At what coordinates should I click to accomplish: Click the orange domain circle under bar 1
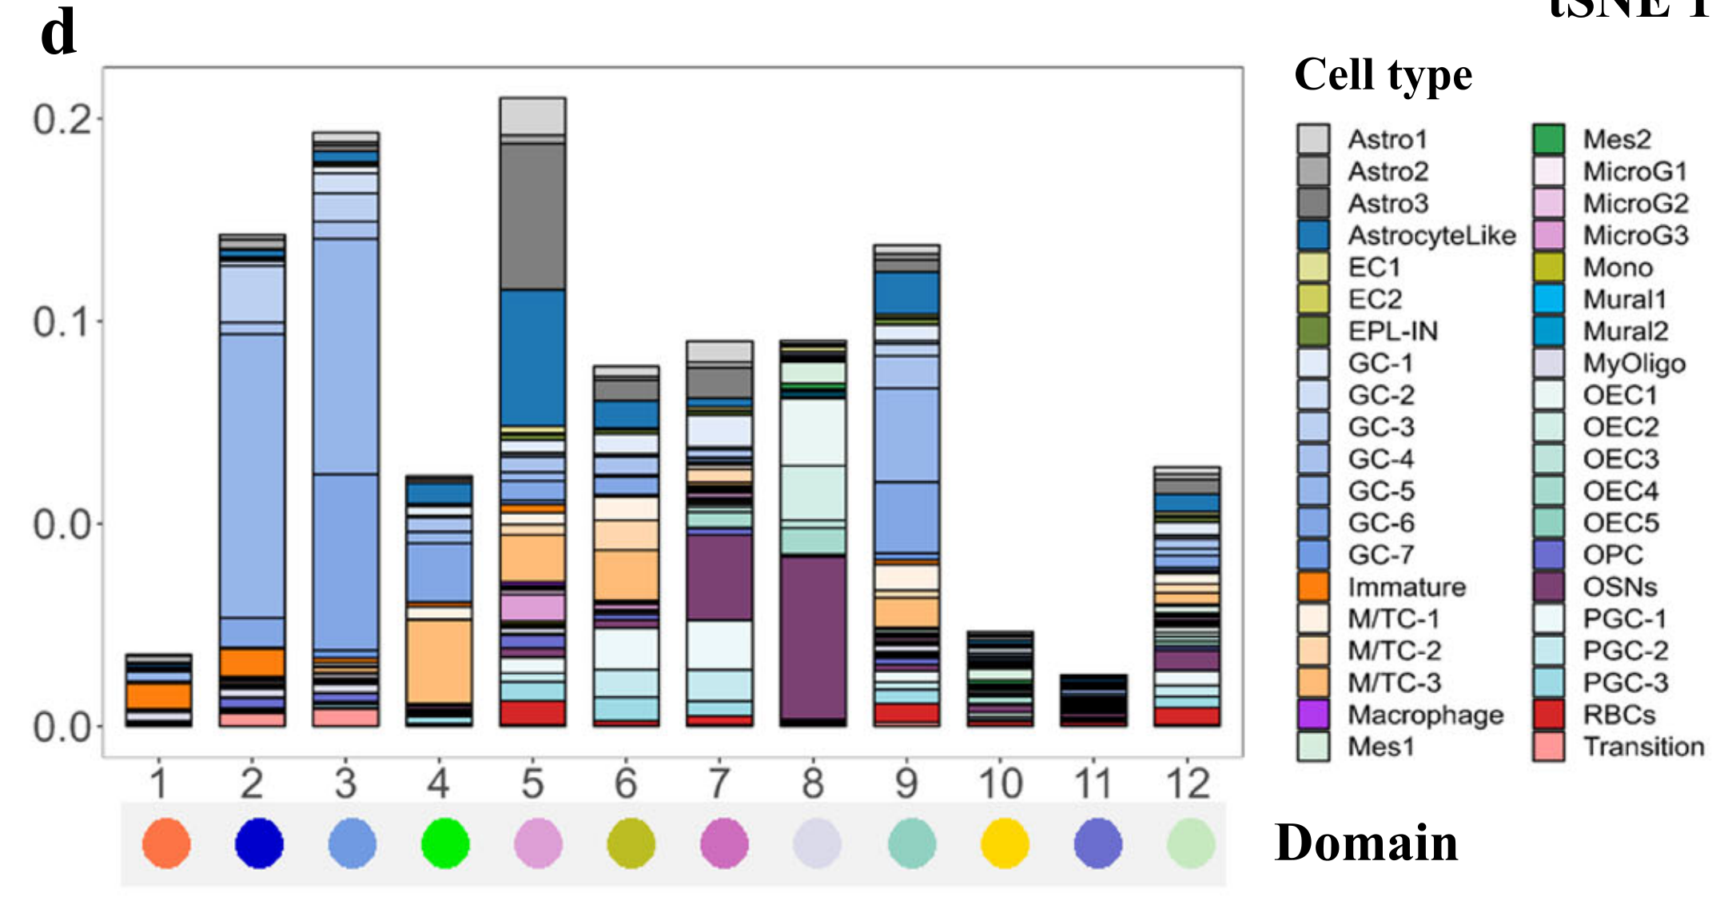pyautogui.click(x=166, y=843)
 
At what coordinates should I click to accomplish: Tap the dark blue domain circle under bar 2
pyautogui.click(x=259, y=843)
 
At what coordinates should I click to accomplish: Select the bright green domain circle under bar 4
pyautogui.click(x=445, y=843)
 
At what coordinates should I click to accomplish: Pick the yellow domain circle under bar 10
pyautogui.click(x=1005, y=843)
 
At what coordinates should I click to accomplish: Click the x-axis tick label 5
pyautogui.click(x=532, y=783)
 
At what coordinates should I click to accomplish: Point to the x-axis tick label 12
pyautogui.click(x=1188, y=783)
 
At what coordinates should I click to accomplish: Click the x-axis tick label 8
pyautogui.click(x=813, y=783)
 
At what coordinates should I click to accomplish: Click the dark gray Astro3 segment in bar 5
pyautogui.click(x=532, y=216)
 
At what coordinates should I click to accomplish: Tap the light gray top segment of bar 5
pyautogui.click(x=532, y=116)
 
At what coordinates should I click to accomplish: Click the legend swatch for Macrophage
pyautogui.click(x=1313, y=715)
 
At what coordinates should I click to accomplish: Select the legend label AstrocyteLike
pyautogui.click(x=1431, y=236)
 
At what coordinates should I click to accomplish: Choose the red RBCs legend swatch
pyautogui.click(x=1549, y=715)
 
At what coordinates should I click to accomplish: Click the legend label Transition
pyautogui.click(x=1643, y=747)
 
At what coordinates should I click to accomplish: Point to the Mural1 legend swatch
pyautogui.click(x=1549, y=299)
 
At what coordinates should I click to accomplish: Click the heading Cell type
pyautogui.click(x=1383, y=75)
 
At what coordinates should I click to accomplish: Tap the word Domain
pyautogui.click(x=1366, y=843)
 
